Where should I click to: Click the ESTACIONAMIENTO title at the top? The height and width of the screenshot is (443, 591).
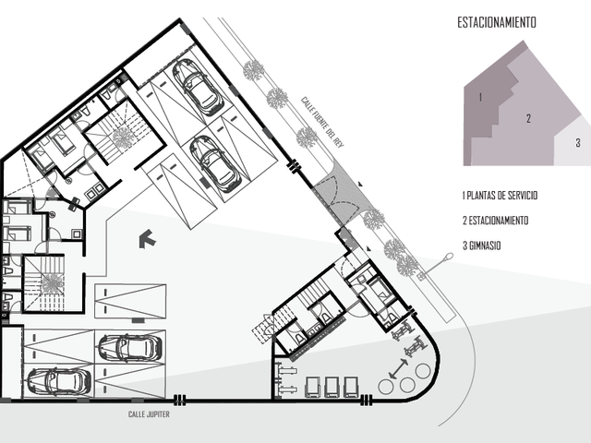(x=497, y=22)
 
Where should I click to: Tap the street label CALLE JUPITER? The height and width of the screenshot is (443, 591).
(x=149, y=414)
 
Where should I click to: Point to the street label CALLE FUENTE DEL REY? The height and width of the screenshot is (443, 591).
(x=322, y=122)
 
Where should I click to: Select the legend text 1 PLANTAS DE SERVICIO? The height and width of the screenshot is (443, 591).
(x=500, y=196)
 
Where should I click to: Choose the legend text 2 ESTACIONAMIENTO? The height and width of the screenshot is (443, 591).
(x=495, y=221)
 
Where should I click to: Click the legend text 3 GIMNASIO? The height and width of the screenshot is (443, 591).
(x=482, y=245)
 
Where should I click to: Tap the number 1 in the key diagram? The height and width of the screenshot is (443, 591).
(x=480, y=97)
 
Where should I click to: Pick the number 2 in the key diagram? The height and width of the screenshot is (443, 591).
(x=528, y=118)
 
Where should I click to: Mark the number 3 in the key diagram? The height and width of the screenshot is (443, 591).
(x=578, y=143)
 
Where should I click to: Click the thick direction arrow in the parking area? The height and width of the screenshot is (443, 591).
(x=148, y=239)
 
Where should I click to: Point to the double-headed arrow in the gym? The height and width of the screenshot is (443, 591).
(x=398, y=368)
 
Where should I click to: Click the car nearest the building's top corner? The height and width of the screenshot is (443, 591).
(x=198, y=87)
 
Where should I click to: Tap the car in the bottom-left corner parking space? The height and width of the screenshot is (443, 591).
(x=59, y=381)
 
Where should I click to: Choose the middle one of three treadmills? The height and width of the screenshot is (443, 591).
(x=332, y=388)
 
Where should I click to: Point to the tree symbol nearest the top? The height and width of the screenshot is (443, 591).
(x=253, y=70)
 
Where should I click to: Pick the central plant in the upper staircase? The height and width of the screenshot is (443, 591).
(x=123, y=137)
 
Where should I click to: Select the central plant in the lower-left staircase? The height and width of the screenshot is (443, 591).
(x=52, y=283)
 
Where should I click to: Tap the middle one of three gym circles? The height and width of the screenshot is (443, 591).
(x=407, y=385)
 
